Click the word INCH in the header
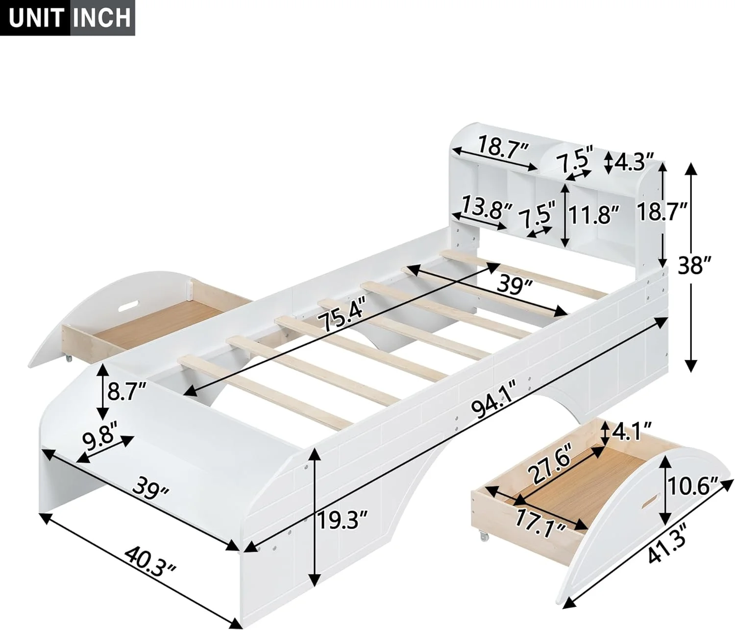tap(102, 18)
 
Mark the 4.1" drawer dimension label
tap(631, 432)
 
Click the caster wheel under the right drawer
tap(484, 537)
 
